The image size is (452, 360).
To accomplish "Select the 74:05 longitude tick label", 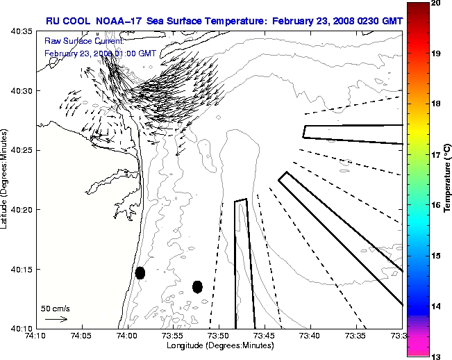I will click(x=82, y=336).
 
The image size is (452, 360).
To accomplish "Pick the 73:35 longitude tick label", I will click(x=356, y=336).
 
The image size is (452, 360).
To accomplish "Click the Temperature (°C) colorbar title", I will click(x=448, y=180).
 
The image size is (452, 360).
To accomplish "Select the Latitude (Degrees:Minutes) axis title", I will click(x=5, y=180).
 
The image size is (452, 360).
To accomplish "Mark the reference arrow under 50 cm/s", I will click(x=56, y=319).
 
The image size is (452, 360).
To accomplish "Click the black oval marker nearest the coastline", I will click(x=140, y=272).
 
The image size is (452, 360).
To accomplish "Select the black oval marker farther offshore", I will click(x=197, y=286).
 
